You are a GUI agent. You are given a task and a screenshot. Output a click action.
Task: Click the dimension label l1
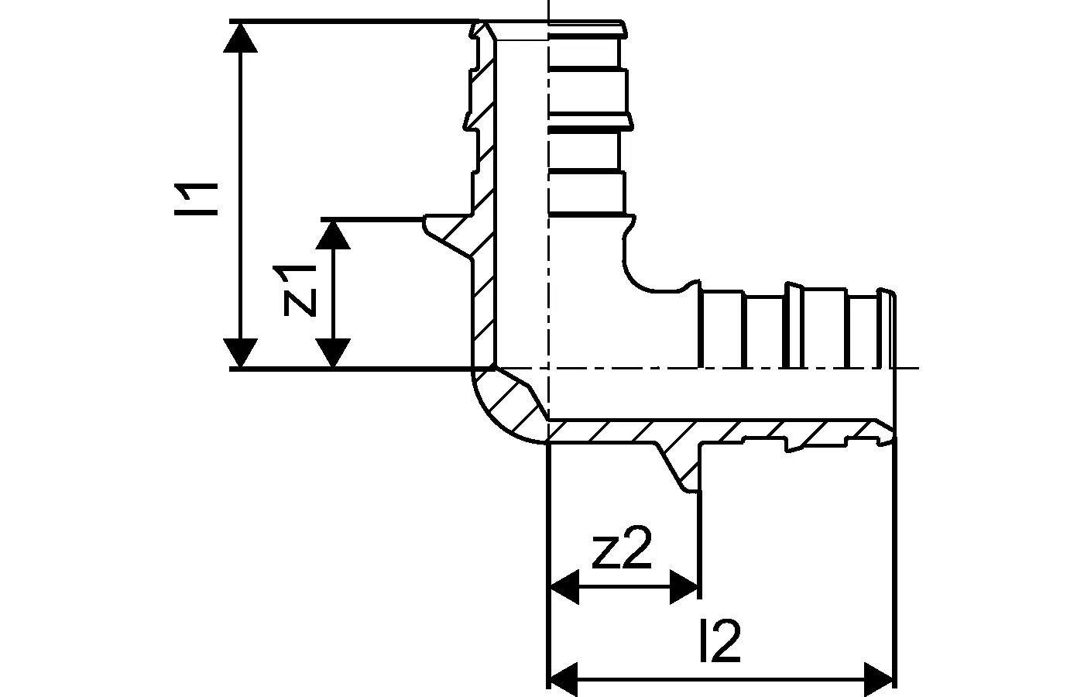tap(196, 199)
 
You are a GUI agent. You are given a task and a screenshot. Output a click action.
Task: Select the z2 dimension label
tap(623, 548)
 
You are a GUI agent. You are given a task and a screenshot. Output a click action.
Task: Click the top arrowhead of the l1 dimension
tap(241, 37)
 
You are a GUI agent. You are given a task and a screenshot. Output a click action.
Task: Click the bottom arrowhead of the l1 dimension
tap(241, 353)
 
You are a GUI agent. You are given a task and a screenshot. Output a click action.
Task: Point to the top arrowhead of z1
tap(333, 235)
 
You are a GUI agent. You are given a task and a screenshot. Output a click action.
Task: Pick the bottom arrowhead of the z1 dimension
tap(333, 353)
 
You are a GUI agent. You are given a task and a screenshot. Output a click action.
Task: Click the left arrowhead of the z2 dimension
tap(564, 587)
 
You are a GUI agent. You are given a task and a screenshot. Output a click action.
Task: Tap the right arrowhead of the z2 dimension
tap(683, 587)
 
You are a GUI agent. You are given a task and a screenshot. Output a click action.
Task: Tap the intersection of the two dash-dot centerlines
tap(548, 369)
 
